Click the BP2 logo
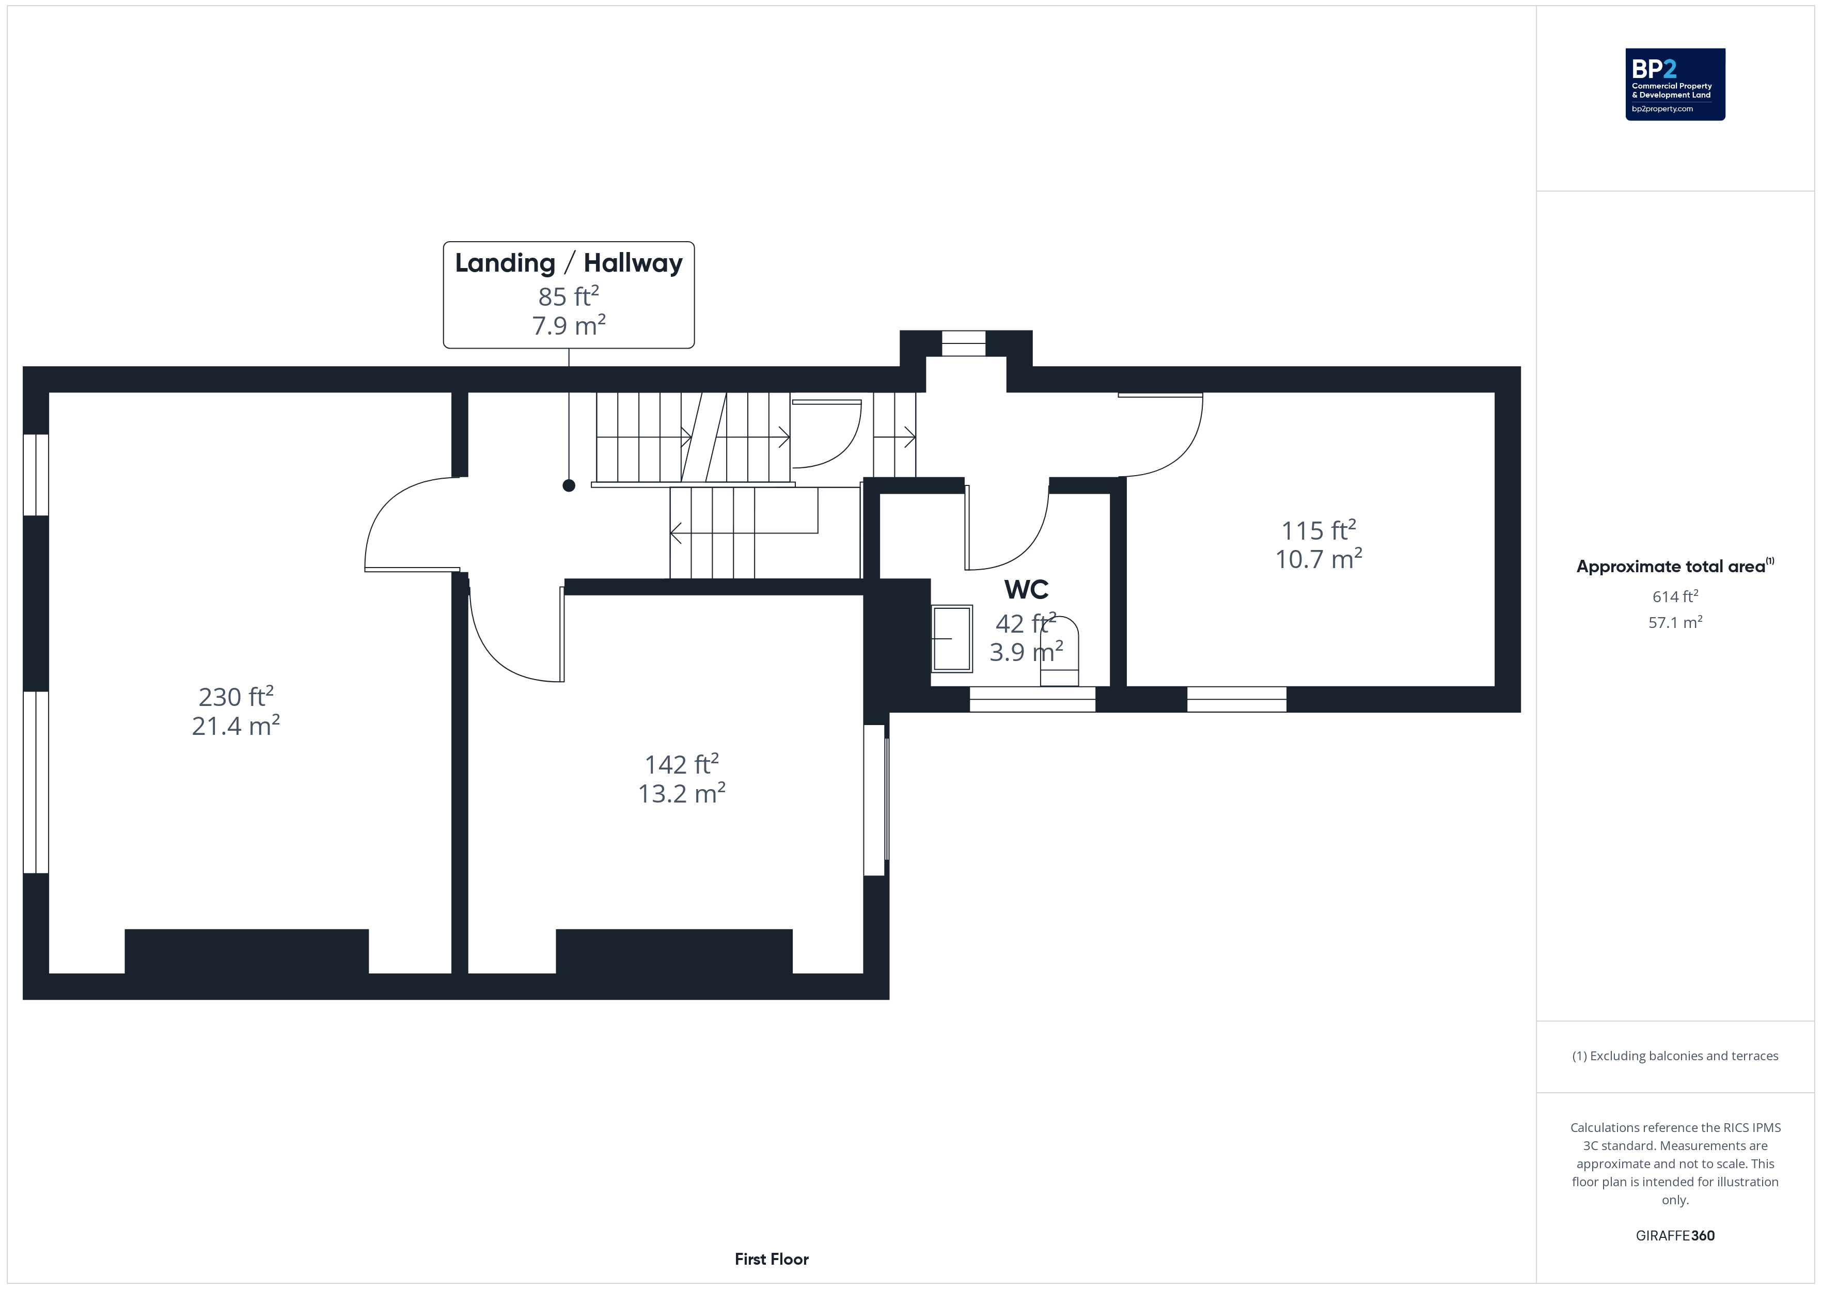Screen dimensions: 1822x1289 1675,84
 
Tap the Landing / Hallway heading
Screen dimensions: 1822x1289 568,263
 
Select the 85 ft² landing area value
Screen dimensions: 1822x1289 568,296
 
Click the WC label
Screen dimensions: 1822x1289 1026,590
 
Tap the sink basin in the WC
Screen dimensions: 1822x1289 951,639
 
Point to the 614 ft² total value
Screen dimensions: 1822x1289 1675,596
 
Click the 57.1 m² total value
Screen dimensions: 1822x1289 1675,622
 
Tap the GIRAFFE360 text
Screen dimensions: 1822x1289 1675,1236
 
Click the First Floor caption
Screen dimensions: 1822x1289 772,1259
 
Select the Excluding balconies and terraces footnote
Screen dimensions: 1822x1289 1675,1056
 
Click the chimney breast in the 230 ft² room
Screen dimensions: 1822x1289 247,951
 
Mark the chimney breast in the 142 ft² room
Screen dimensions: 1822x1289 674,951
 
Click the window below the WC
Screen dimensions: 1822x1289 1032,699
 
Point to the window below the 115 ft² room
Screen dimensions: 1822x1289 1236,699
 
